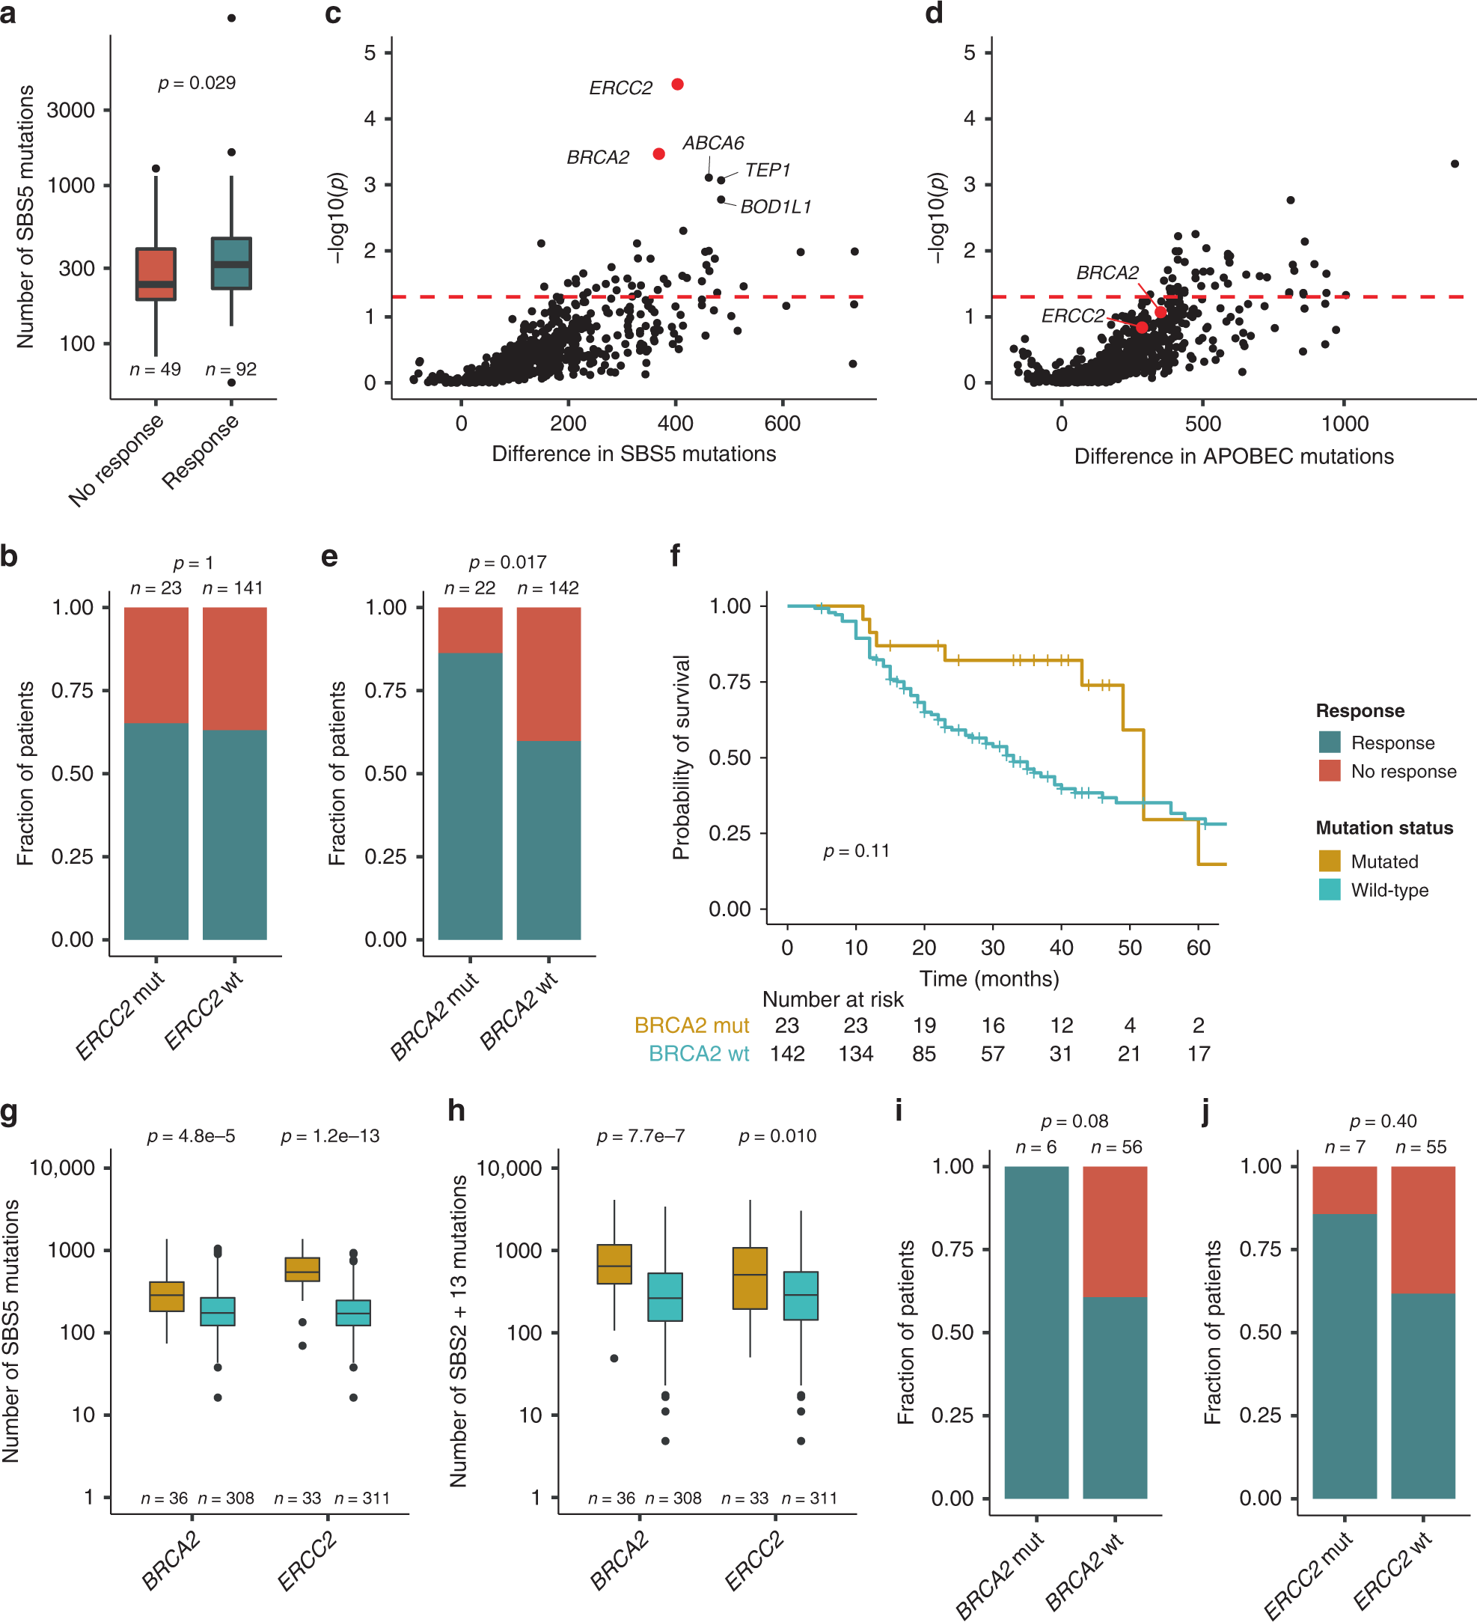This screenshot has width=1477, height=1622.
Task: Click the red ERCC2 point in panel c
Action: pos(677,85)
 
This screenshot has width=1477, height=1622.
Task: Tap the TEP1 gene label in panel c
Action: pos(767,171)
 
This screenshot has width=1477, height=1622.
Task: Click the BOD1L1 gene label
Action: pos(775,207)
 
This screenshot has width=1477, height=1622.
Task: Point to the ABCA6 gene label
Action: pos(713,143)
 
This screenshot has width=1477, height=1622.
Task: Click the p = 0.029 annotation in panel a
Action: pos(197,83)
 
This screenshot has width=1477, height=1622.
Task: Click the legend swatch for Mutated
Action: pos(1330,861)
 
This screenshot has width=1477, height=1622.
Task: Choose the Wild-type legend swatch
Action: pos(1330,890)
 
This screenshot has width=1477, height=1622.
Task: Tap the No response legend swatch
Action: pos(1330,771)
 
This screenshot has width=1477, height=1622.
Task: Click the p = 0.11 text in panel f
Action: pos(856,851)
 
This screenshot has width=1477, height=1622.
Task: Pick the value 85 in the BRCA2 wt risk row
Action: pos(923,1053)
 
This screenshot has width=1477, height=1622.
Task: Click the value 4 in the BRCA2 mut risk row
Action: pos(1130,1025)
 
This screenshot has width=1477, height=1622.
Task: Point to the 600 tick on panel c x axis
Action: pos(782,423)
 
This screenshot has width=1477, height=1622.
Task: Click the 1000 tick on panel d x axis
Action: pos(1345,423)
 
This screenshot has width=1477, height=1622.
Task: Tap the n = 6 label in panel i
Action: pos(1036,1147)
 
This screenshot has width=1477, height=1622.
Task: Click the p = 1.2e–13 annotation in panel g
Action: pos(330,1136)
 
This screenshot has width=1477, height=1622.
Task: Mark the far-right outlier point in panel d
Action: pos(1455,163)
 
